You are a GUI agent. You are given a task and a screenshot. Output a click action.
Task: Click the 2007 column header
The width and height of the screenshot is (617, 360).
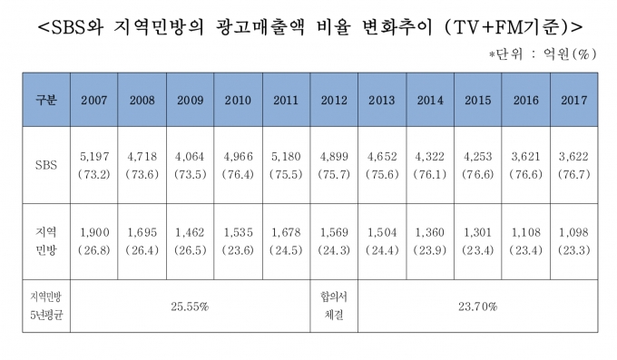click(x=94, y=100)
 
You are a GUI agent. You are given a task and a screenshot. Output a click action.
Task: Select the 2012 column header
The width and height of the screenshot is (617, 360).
click(x=334, y=100)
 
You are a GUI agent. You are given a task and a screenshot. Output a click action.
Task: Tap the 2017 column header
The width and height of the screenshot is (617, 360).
click(x=574, y=100)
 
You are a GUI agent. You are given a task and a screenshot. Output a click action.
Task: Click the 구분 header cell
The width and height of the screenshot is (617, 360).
click(x=46, y=100)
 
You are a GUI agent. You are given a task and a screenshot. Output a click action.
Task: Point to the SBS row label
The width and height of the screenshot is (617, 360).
click(x=46, y=165)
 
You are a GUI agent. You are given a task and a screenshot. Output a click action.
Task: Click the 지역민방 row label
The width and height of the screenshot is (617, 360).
click(x=46, y=241)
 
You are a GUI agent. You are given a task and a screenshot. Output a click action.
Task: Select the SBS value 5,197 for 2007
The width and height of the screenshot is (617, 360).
click(x=94, y=157)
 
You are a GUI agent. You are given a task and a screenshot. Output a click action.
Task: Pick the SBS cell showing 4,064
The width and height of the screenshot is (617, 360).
click(x=190, y=157)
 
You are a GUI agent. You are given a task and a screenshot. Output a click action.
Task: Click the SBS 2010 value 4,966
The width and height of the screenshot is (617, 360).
click(x=238, y=157)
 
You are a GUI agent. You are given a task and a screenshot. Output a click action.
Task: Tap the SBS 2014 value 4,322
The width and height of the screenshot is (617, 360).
click(x=430, y=157)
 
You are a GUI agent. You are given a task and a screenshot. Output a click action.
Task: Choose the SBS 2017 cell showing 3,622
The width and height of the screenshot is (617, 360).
click(x=574, y=157)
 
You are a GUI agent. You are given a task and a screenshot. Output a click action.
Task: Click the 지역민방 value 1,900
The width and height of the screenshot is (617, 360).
click(x=94, y=232)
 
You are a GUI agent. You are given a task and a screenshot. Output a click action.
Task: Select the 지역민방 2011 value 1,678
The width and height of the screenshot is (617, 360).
click(x=286, y=232)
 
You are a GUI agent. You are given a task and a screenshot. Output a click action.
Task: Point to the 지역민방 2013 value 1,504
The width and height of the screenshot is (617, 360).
click(x=382, y=232)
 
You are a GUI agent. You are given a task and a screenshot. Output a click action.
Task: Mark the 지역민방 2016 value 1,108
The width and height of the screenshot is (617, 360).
click(x=526, y=232)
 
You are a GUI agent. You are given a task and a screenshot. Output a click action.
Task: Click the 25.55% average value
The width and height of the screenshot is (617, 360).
click(x=190, y=306)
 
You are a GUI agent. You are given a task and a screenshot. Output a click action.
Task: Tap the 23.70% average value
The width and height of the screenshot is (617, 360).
click(x=477, y=306)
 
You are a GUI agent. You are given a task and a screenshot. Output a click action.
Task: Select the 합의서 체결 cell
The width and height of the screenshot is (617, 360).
click(x=334, y=306)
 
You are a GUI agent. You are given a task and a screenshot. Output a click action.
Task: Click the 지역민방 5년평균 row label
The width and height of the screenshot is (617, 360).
click(x=46, y=306)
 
